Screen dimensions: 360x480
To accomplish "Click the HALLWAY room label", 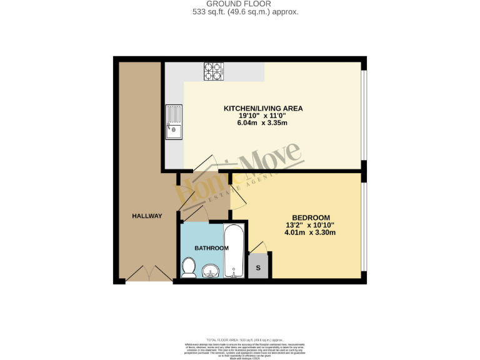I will click(x=147, y=216).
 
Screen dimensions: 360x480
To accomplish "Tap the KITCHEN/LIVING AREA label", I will click(x=263, y=109).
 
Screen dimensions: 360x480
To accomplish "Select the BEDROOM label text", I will click(x=311, y=217).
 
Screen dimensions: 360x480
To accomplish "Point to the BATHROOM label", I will click(x=211, y=248).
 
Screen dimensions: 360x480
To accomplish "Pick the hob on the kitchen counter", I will click(x=214, y=71).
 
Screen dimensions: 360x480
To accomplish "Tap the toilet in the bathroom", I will click(x=188, y=267).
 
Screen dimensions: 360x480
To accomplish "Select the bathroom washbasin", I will click(x=211, y=270).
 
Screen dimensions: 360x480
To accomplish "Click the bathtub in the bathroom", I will click(x=234, y=252).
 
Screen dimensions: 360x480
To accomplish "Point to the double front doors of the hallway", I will click(x=146, y=274).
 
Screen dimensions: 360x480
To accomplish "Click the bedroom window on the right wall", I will click(x=364, y=227).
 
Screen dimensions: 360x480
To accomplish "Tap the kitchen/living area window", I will click(x=364, y=116).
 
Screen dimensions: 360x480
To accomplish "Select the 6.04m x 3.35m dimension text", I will click(x=263, y=124).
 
